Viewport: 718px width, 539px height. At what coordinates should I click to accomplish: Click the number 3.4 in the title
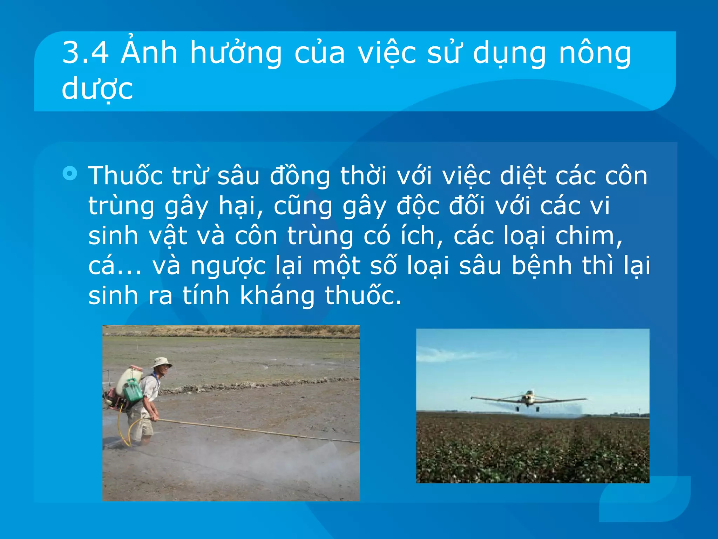click(x=85, y=53)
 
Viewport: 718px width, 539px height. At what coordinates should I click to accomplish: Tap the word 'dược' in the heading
click(x=97, y=89)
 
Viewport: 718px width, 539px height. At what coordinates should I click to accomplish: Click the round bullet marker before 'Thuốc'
click(x=70, y=173)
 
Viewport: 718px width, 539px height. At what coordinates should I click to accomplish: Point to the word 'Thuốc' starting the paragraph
click(x=125, y=175)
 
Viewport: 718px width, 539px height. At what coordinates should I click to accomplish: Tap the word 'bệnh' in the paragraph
click(x=542, y=266)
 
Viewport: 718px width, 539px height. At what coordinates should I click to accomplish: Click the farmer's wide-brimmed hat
click(x=162, y=362)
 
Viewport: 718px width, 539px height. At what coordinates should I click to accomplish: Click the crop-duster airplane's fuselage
click(x=528, y=398)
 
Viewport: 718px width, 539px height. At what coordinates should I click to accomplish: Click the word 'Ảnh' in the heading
click(x=149, y=53)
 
